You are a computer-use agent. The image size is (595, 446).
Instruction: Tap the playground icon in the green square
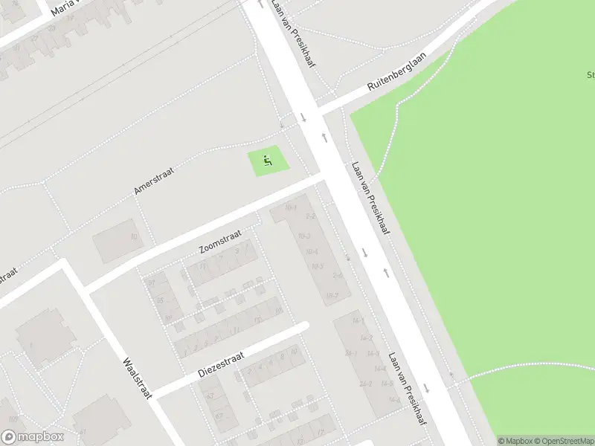point(268,158)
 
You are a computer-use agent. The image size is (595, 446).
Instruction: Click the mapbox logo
point(33,437)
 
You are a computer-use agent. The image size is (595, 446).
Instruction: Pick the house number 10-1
point(290,207)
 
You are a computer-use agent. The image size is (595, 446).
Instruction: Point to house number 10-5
point(317,265)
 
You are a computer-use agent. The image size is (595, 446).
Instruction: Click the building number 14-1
point(358,320)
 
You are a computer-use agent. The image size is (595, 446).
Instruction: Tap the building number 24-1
point(352,354)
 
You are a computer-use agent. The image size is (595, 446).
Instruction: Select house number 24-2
point(365,384)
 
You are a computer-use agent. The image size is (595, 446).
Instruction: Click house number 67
point(219,416)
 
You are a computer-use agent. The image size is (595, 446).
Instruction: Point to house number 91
point(151,283)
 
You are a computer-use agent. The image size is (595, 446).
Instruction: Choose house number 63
point(210,395)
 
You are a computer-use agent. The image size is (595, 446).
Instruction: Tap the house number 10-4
point(312,251)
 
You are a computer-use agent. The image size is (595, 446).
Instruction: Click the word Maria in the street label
point(63,7)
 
